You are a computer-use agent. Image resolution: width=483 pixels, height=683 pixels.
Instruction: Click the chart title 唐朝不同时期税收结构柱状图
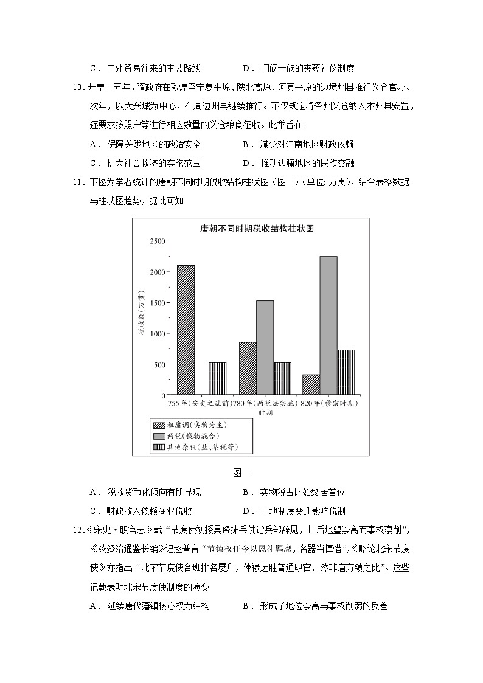(252, 229)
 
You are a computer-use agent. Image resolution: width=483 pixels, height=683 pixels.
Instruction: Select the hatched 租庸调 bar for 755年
(186, 330)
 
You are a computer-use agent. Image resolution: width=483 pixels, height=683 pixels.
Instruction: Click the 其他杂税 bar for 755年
(217, 378)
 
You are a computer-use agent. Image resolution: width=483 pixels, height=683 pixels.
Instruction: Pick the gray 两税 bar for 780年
(265, 347)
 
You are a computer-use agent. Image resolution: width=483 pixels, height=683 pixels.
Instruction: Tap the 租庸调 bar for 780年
(248, 368)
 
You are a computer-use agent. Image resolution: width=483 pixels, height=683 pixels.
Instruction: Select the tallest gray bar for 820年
(328, 325)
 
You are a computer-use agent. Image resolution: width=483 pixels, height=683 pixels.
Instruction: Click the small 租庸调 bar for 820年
(311, 384)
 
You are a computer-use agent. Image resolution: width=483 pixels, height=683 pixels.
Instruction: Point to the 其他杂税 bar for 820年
(346, 372)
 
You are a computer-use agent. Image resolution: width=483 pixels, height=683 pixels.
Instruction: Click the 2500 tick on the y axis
(156, 241)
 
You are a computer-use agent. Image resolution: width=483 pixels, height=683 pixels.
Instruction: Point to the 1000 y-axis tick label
(156, 334)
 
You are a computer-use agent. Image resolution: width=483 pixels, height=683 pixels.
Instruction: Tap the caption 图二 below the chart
(241, 472)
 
